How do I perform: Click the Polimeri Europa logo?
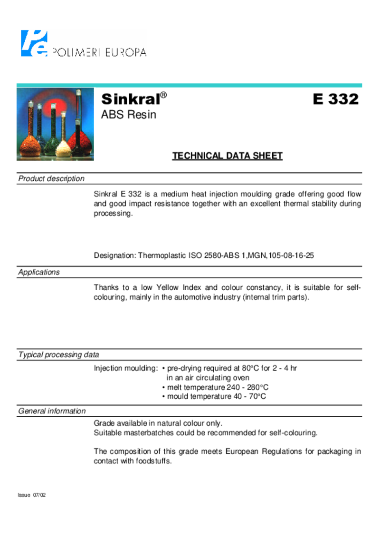[x=83, y=43]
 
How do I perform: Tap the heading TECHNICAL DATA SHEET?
[x=227, y=156]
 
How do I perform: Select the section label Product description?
[x=51, y=179]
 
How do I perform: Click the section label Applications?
[x=39, y=272]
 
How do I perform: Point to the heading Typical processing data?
[x=58, y=354]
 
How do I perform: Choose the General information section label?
[x=52, y=411]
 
